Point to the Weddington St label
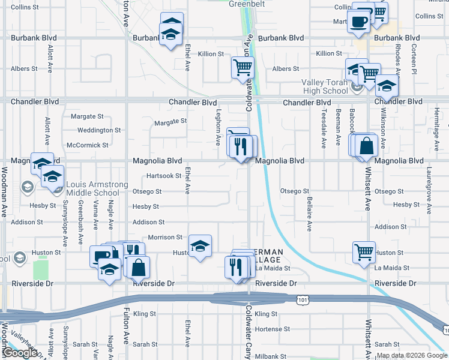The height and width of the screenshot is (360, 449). coord(99,130)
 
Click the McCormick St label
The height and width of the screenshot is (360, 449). coord(88,145)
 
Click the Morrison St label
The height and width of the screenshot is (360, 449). coord(165,238)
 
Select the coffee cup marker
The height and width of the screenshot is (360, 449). coord(359,20)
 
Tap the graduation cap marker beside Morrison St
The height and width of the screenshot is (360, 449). coord(200,246)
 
